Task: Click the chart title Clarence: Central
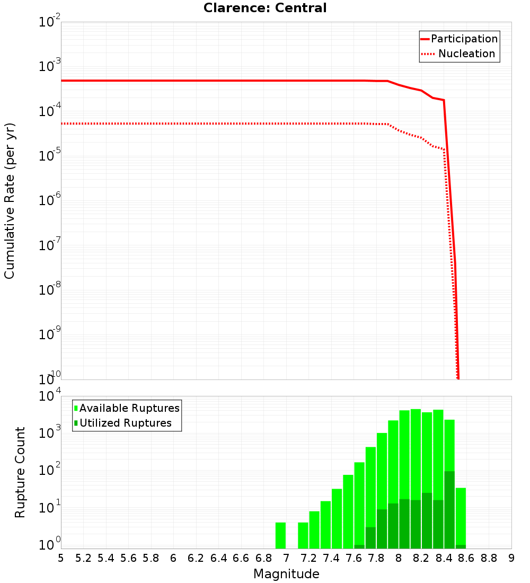pos(265,8)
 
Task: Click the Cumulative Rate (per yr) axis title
pos(10,200)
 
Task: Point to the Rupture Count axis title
pos(20,472)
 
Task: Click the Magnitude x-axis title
pos(286,574)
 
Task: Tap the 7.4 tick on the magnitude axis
pos(331,558)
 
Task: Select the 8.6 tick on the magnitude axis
pos(466,558)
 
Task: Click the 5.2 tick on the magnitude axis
pos(83,558)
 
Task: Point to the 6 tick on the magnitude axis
pos(173,558)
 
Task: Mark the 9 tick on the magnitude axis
pos(511,558)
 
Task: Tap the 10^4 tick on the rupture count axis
pos(49,397)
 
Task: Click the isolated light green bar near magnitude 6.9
pos(280,535)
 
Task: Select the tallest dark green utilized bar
pos(449,509)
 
